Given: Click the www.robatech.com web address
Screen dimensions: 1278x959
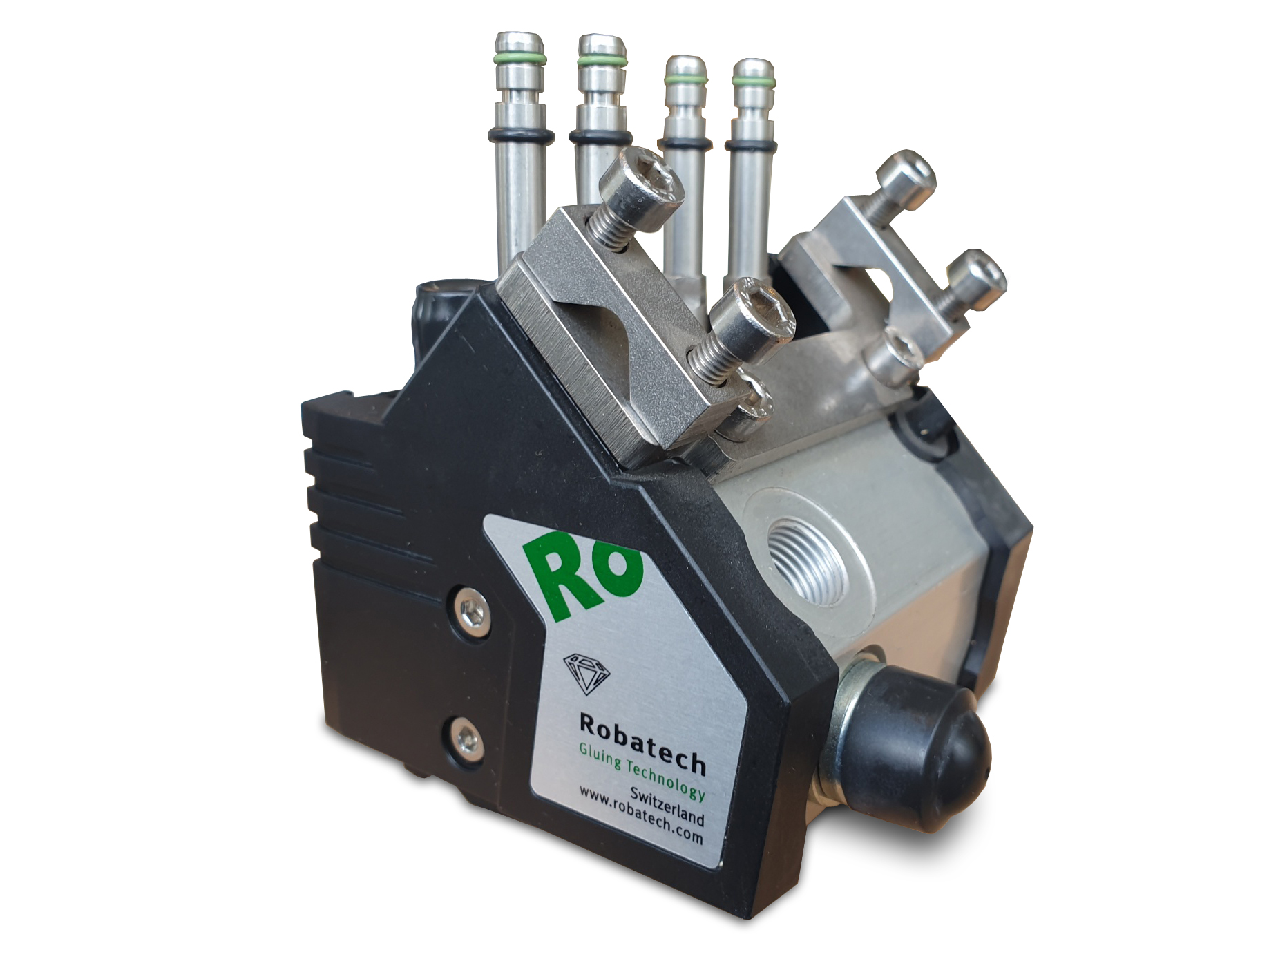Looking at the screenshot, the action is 640,816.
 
